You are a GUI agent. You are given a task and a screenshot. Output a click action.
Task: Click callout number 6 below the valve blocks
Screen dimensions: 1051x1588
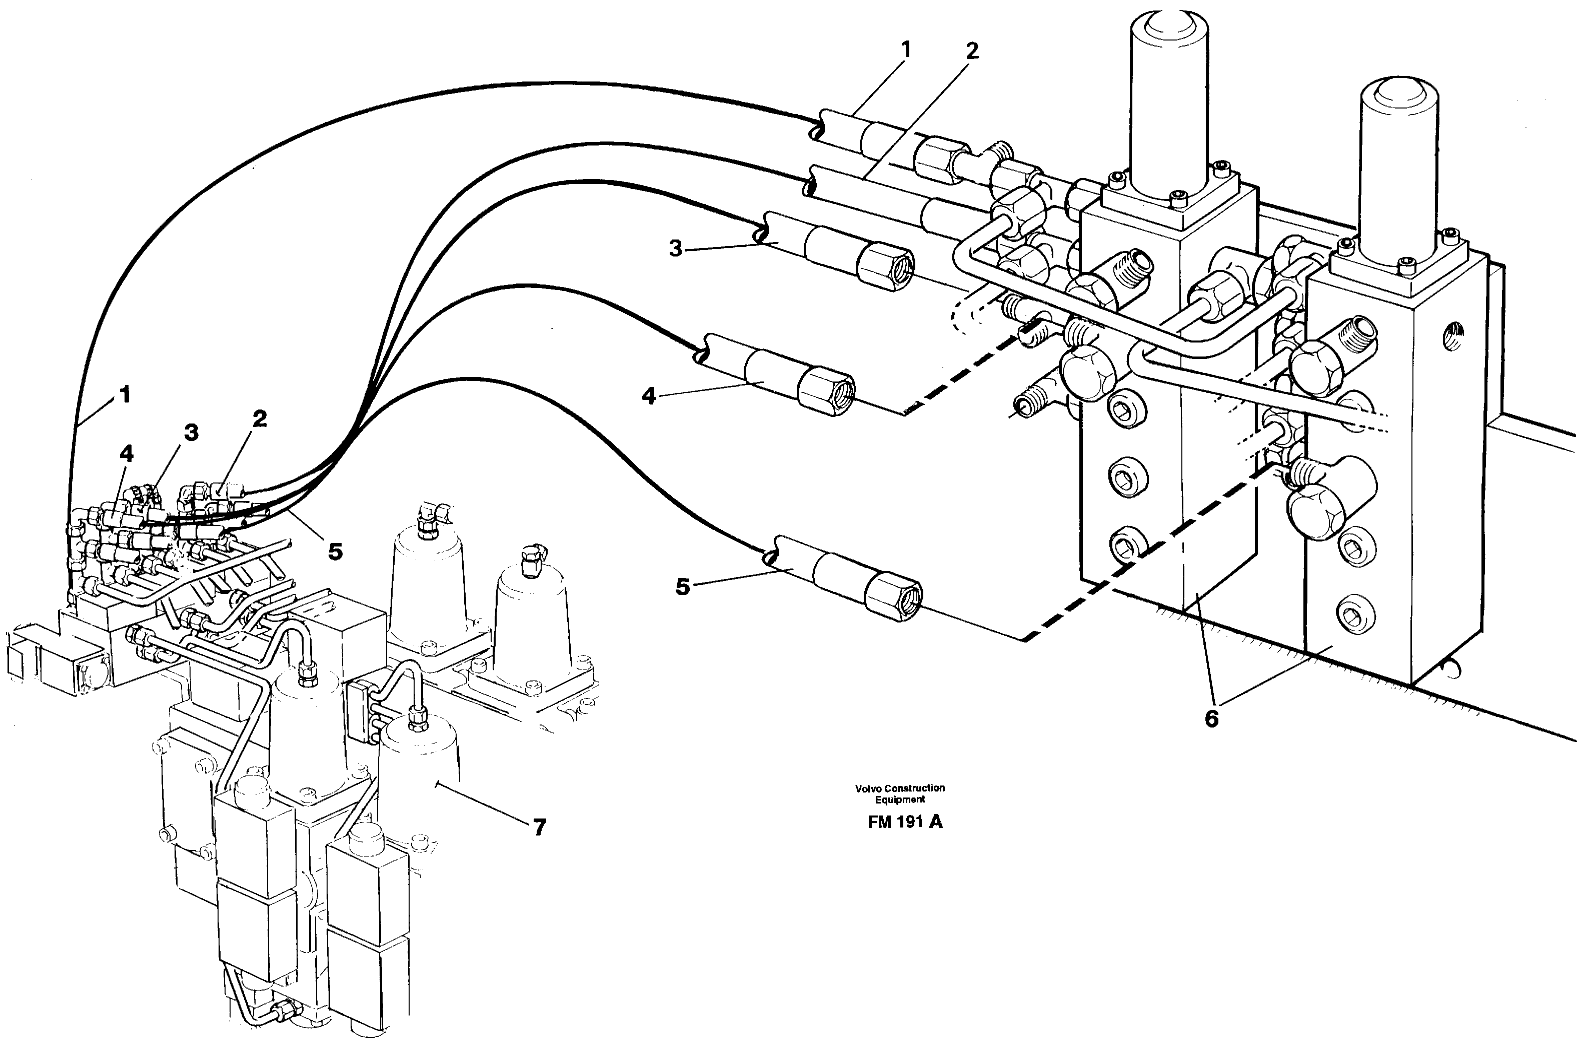tap(1211, 718)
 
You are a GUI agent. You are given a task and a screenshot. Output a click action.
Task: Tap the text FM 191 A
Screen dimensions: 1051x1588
tap(905, 822)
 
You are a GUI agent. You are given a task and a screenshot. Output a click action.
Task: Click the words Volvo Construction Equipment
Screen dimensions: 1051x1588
tap(900, 793)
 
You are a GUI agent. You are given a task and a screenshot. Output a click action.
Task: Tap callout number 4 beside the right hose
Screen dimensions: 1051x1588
tap(648, 396)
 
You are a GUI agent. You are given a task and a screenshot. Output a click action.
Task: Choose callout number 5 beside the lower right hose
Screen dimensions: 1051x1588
tap(682, 587)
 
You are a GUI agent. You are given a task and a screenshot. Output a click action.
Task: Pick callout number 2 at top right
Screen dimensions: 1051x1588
tap(972, 51)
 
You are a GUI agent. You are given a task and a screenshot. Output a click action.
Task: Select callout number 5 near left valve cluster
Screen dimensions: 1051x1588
tap(335, 551)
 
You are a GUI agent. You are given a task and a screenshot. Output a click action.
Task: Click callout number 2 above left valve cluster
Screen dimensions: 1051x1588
tap(260, 419)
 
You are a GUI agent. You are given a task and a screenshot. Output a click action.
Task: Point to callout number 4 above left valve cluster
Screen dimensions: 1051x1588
tap(126, 454)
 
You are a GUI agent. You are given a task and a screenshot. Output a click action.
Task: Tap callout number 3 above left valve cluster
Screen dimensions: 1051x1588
tap(191, 432)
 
